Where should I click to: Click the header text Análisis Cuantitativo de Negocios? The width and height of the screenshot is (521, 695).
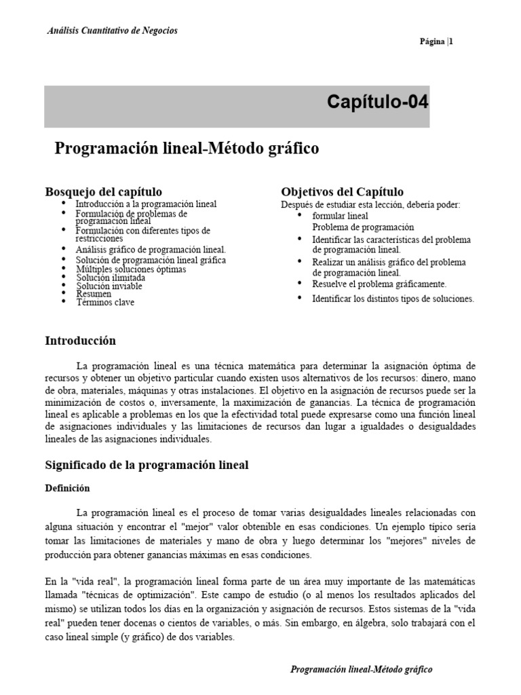click(x=112, y=31)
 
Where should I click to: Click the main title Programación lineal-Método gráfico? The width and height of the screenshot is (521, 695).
click(x=187, y=148)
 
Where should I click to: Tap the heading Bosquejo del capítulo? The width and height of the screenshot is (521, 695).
click(x=103, y=191)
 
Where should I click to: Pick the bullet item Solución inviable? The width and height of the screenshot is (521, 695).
click(x=109, y=286)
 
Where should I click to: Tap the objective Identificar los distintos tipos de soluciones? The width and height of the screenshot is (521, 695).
click(x=393, y=299)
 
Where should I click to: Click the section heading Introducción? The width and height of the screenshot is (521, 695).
click(x=80, y=341)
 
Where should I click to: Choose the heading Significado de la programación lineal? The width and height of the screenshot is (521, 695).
click(x=147, y=465)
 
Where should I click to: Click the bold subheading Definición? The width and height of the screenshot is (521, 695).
click(x=67, y=488)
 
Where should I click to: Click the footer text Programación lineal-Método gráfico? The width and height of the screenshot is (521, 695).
click(x=361, y=669)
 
